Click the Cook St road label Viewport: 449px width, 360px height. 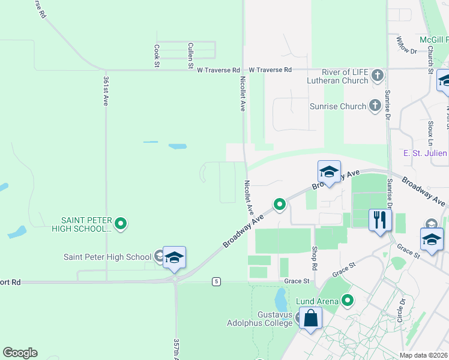[x=157, y=55]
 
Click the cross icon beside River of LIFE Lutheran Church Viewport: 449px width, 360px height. [x=378, y=76]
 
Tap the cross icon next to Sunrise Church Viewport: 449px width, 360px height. [x=375, y=106]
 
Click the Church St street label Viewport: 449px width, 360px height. [x=431, y=61]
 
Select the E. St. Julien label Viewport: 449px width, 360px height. [x=425, y=153]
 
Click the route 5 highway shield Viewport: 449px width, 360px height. [x=217, y=281]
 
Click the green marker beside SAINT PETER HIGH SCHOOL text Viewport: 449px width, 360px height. [x=121, y=224]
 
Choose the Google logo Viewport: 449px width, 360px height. [x=20, y=353]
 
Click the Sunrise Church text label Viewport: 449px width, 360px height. [x=337, y=106]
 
